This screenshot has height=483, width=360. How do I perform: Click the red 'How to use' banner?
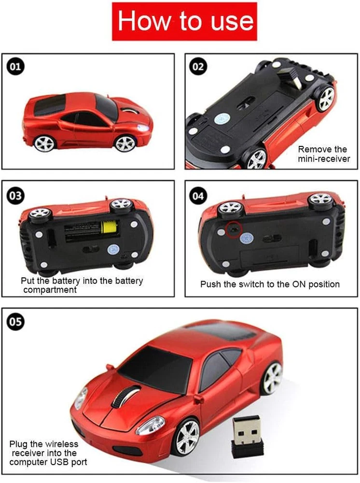click(x=184, y=21)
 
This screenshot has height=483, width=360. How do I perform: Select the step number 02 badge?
click(x=198, y=67)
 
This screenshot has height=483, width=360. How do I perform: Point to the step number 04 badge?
click(x=198, y=196)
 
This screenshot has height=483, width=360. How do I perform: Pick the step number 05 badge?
click(x=15, y=322)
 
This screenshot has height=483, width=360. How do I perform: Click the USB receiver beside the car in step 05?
click(x=247, y=436)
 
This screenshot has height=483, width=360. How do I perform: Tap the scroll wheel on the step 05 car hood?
click(x=122, y=396)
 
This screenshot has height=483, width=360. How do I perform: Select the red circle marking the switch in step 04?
click(x=234, y=229)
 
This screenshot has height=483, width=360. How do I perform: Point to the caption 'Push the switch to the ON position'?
click(x=270, y=284)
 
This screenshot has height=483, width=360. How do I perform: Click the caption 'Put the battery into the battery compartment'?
click(x=82, y=285)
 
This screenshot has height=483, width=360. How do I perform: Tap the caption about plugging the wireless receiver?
click(x=48, y=453)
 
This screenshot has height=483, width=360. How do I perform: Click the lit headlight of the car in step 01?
click(x=143, y=128)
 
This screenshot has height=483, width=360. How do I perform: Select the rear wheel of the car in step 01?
click(x=44, y=143)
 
